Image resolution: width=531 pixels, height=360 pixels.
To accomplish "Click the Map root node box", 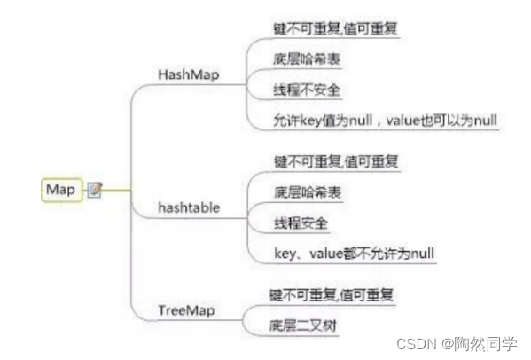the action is tap(62, 190).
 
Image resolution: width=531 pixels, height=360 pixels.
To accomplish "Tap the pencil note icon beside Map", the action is tap(95, 190).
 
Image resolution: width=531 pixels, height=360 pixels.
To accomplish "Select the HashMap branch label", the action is tap(189, 74).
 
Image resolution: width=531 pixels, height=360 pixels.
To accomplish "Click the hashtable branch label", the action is tap(189, 207).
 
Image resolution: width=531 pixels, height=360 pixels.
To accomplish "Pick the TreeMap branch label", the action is tap(186, 310).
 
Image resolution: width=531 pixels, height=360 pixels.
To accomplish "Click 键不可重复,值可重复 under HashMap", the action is tap(335, 28).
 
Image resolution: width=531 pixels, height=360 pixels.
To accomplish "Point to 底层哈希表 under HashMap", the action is tap(307, 59).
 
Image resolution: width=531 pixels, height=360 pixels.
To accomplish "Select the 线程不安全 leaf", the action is tap(307, 90).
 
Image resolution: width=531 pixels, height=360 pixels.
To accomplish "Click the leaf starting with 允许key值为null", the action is tap(386, 121).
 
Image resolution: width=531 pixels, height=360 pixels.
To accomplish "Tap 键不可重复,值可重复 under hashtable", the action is tap(336, 161).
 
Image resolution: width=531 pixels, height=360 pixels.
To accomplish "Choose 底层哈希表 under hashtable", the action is tap(308, 192).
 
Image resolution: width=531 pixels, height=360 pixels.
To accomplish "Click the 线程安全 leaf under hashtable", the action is tap(301, 223).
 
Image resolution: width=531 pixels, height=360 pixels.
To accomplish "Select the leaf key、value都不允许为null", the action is tap(355, 254).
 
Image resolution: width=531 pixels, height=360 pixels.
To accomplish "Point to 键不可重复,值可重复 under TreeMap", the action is tap(332, 295).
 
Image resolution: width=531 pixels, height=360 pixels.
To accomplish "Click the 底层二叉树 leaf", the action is tap(303, 325).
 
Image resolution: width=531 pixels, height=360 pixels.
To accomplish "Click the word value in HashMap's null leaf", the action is tap(403, 121).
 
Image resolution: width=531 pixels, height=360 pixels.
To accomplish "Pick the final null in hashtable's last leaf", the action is tap(422, 254).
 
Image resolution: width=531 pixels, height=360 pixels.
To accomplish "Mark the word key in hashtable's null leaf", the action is tap(285, 254).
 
